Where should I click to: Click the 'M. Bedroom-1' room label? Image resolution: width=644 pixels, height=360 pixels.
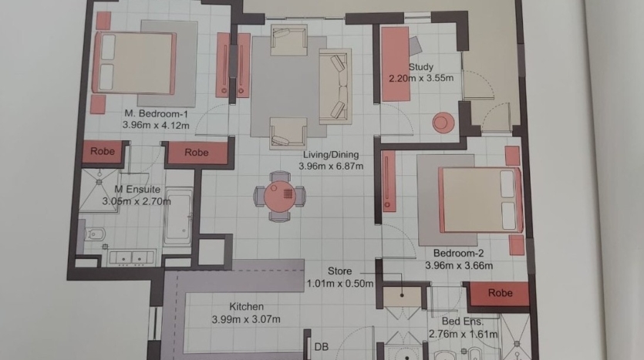156,113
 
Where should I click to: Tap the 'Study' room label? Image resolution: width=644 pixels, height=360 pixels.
421,67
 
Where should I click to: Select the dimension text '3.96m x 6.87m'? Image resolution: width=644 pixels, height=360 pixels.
331,167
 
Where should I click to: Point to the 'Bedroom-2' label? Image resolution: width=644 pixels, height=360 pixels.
458,254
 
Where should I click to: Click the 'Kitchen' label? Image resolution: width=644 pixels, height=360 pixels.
247,307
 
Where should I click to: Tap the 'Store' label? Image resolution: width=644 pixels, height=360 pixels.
339,271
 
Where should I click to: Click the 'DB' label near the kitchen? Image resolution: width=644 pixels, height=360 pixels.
321,347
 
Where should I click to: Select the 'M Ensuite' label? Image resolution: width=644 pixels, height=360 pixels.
137,189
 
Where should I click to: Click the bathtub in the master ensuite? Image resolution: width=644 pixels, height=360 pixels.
178,217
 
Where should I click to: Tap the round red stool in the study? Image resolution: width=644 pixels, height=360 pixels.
443,123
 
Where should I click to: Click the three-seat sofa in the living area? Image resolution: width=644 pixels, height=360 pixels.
335,86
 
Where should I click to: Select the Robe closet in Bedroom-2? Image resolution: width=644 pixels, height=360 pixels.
499,294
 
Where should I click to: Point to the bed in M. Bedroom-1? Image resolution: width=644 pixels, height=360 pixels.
135,62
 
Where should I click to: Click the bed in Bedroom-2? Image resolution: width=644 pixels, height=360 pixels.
481,200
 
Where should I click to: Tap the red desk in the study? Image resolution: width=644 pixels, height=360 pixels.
395,64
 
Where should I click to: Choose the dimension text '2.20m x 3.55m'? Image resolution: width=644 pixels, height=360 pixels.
421,78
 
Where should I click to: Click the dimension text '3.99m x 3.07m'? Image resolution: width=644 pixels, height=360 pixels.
246,319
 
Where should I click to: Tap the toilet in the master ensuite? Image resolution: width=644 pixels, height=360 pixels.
93,235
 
